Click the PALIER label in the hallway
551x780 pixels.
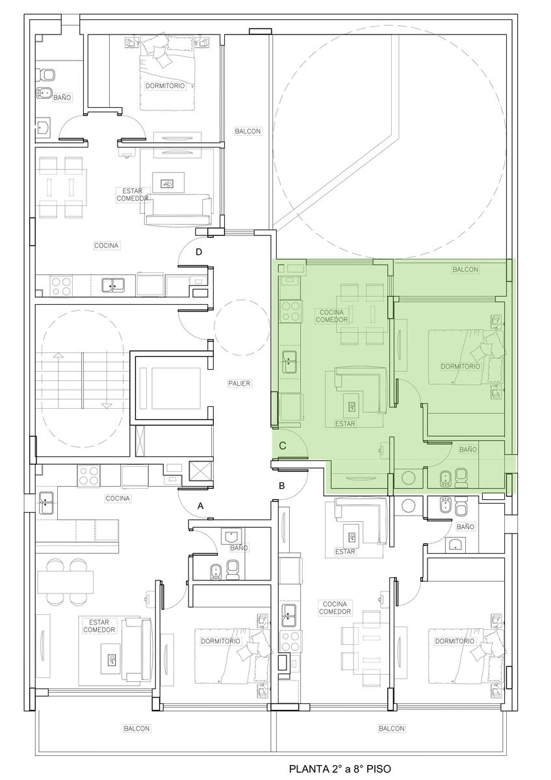239,383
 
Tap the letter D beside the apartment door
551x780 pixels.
199,252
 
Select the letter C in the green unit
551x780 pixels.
283,445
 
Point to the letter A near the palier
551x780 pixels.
201,506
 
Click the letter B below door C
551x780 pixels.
282,486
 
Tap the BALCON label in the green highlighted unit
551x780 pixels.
465,269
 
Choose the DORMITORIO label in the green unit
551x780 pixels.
460,367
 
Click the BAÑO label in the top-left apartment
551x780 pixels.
62,97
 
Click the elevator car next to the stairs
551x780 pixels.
170,388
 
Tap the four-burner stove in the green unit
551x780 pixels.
290,311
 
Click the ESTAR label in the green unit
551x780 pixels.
345,424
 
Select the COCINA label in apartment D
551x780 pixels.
107,246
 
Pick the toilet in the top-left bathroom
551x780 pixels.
45,74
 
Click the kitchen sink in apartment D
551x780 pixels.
114,285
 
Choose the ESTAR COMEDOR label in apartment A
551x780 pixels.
99,626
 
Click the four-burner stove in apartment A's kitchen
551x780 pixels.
88,476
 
